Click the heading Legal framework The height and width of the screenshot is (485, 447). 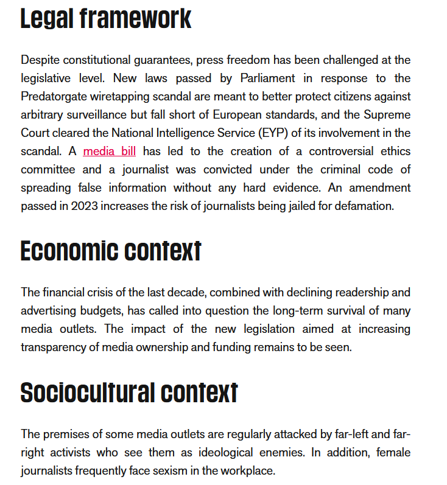(x=106, y=18)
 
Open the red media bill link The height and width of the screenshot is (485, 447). (x=110, y=152)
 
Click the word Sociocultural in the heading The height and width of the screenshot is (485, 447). (x=86, y=393)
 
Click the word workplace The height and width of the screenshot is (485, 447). (x=245, y=471)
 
